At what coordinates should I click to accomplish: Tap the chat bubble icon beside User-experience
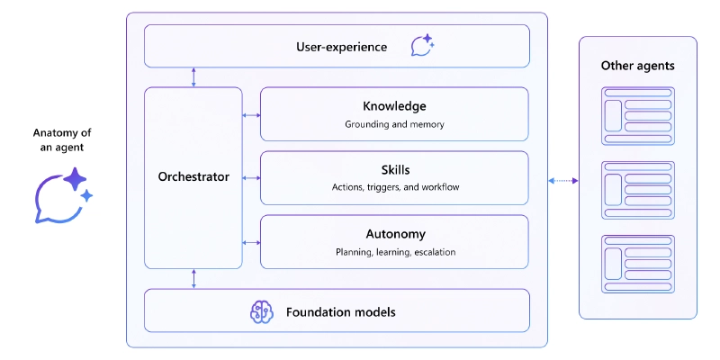pos(421,46)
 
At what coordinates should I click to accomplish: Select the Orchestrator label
pos(193,177)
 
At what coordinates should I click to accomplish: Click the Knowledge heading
pos(394,106)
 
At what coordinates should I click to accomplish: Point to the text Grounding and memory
pos(394,124)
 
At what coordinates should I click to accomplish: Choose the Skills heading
pos(394,169)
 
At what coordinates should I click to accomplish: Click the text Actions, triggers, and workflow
pos(394,187)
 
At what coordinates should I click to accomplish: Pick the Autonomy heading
pos(394,234)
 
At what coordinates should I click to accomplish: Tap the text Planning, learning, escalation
pos(394,252)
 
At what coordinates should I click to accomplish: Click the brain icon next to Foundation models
pos(261,311)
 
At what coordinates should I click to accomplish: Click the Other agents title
pos(637,66)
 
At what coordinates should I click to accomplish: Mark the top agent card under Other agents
pos(637,115)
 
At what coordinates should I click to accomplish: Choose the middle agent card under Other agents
pos(637,189)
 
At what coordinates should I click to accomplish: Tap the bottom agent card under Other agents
pos(637,263)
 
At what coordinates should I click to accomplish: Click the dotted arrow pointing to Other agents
pos(562,181)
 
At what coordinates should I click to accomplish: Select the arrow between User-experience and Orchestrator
pos(193,77)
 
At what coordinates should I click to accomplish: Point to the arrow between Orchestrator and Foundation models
pos(193,279)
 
